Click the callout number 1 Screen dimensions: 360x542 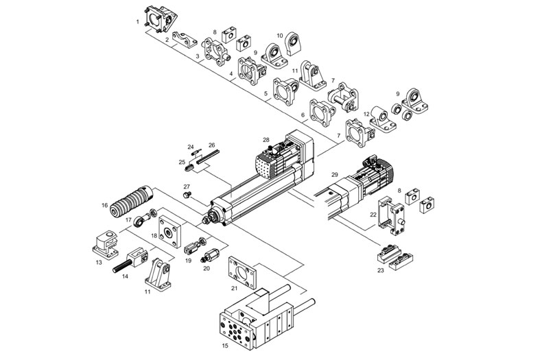point(138,22)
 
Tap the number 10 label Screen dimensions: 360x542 point(279,35)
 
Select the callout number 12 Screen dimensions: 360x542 point(367,114)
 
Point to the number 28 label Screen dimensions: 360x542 point(266,140)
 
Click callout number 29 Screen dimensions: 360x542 point(335,176)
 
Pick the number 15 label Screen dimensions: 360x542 point(225,346)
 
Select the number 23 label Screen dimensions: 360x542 point(381,270)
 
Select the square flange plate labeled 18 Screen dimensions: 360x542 point(169,232)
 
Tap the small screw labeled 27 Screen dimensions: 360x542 point(187,195)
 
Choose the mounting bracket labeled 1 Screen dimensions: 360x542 point(161,19)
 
